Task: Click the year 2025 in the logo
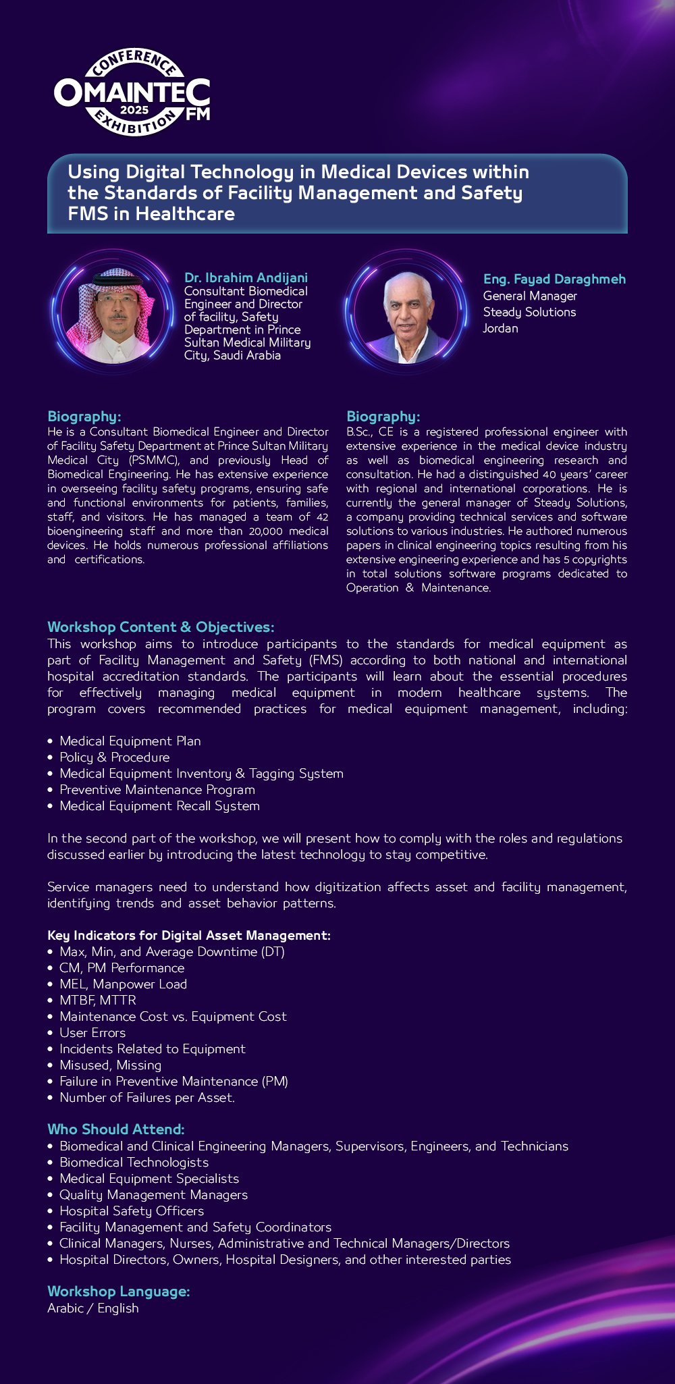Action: coord(134,110)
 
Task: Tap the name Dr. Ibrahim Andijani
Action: coord(246,277)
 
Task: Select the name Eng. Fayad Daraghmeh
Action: coord(554,279)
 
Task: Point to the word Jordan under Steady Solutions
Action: coord(500,329)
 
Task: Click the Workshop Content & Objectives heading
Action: coord(161,627)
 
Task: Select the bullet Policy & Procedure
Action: coord(114,757)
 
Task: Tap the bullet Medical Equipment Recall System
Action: coord(159,806)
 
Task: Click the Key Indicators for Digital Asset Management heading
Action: coord(189,936)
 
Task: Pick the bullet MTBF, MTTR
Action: coord(98,1001)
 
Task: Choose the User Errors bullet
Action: coord(92,1033)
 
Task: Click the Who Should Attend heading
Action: coord(115,1129)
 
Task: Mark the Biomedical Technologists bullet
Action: coord(134,1163)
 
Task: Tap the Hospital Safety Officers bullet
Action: coord(132,1211)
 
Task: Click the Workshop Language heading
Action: coord(118,1292)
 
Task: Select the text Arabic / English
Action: coord(93,1308)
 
